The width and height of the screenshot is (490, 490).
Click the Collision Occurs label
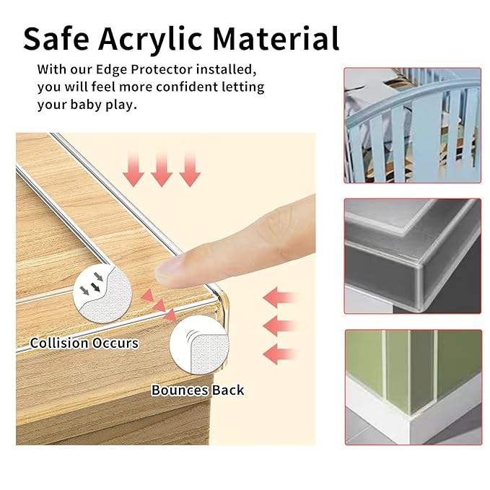tap(84, 343)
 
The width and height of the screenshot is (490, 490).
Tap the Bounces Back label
tap(198, 390)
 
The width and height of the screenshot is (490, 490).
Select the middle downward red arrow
tap(161, 169)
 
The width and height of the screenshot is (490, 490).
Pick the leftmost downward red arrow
tap(134, 169)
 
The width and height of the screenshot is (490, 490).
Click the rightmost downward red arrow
tap(189, 169)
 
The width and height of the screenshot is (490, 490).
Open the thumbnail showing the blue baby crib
tap(412, 123)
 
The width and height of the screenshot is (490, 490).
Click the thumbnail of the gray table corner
tap(412, 255)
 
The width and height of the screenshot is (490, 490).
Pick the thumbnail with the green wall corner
tap(412, 387)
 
